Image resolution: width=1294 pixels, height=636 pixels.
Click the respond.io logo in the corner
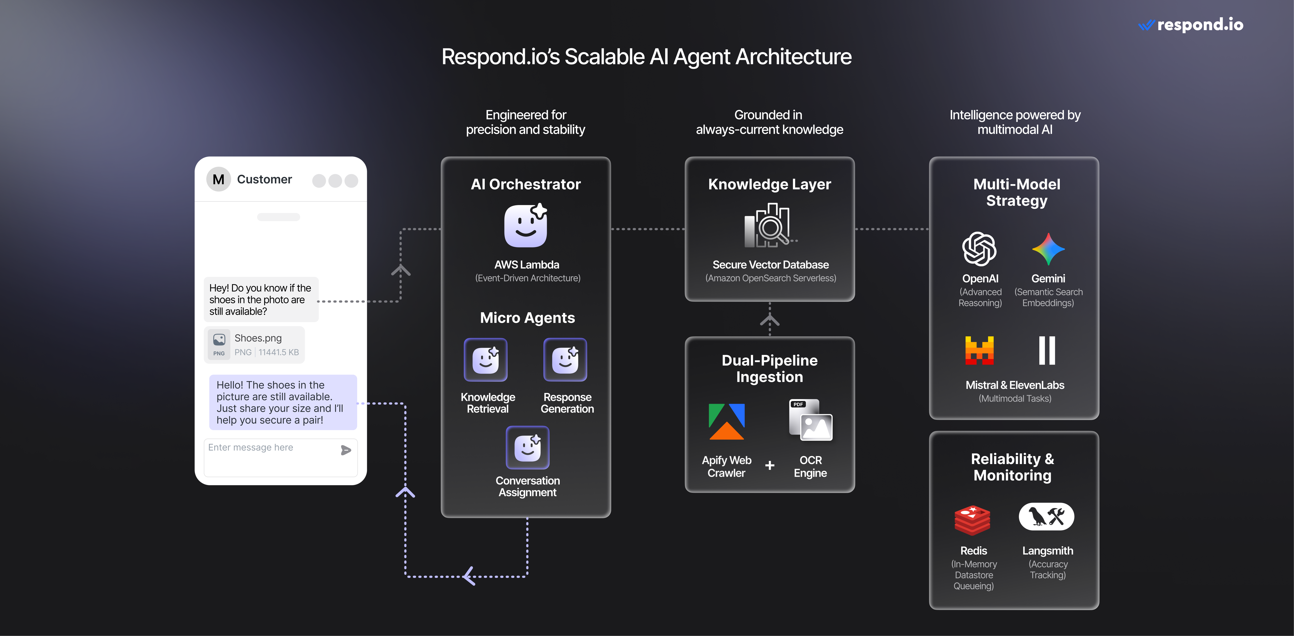point(1191,25)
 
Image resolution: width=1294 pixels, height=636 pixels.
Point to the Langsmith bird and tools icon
point(1046,517)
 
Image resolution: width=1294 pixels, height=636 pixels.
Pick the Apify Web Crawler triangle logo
point(726,422)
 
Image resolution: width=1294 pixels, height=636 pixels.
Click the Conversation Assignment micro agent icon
point(527,447)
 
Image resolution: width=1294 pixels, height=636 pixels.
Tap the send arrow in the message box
point(346,450)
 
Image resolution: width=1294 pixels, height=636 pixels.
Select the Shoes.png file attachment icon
point(219,344)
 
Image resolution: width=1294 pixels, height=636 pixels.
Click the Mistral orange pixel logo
point(979,350)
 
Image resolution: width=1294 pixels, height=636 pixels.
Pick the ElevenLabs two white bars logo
point(1047,350)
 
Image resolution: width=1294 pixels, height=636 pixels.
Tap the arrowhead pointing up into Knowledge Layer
point(770,319)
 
